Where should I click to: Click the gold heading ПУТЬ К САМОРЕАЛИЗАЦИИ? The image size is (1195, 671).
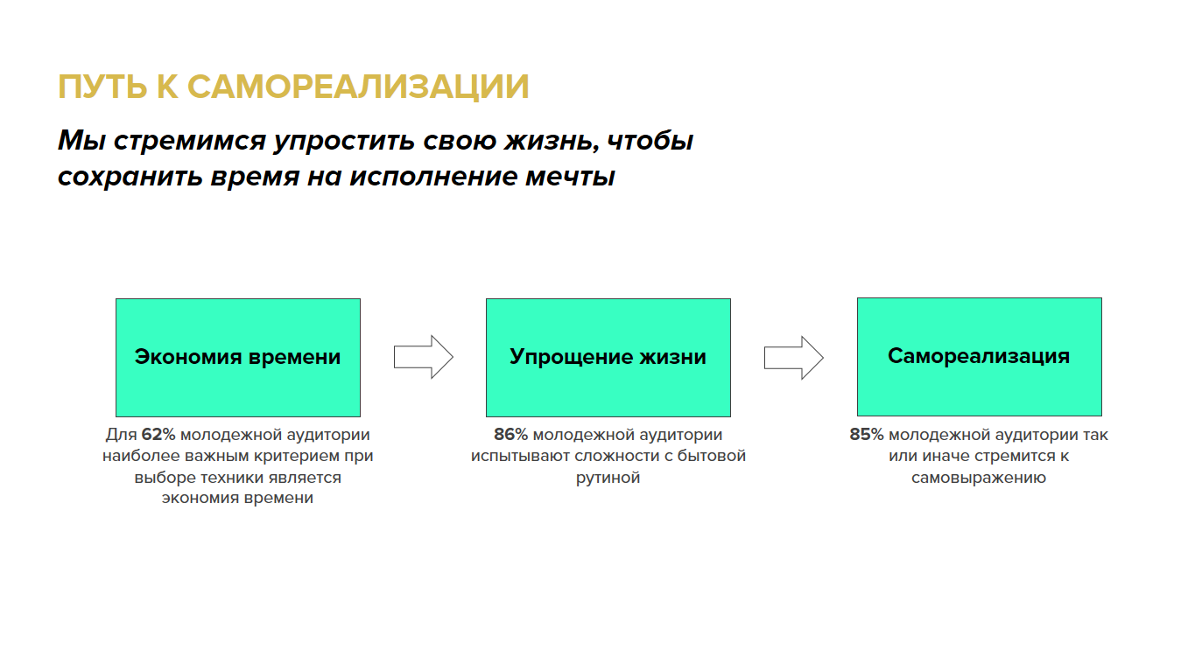coord(293,87)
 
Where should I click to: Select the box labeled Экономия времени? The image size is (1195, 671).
coord(238,358)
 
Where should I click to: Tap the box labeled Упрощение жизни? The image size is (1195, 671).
coord(608,358)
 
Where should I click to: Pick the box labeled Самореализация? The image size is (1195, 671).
coord(980,357)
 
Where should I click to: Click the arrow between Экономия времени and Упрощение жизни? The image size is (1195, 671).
coord(424,357)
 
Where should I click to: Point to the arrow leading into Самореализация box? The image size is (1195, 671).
coord(794,358)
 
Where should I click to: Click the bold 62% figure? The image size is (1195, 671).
coord(158,435)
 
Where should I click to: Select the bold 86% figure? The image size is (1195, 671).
coord(510,435)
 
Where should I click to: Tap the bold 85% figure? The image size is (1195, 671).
coord(867,435)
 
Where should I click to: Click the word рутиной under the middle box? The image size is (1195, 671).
coord(608,478)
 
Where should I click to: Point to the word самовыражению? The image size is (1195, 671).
coord(979,478)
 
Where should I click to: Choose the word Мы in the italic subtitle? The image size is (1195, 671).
coord(81,141)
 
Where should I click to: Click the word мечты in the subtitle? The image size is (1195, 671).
coord(570,177)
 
